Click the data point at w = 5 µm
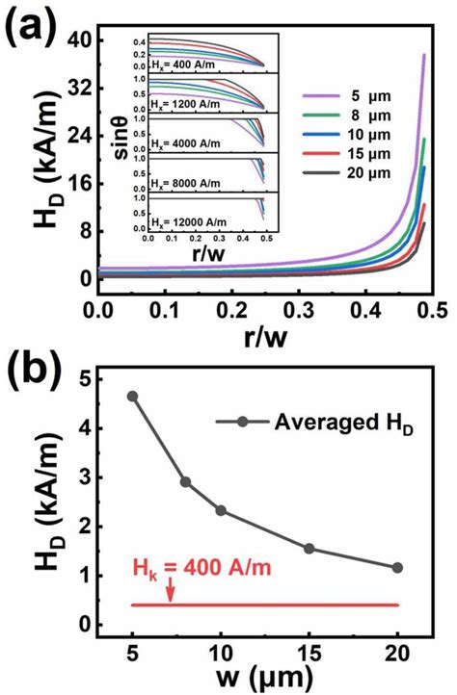click(132, 396)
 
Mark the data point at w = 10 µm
click(221, 510)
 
